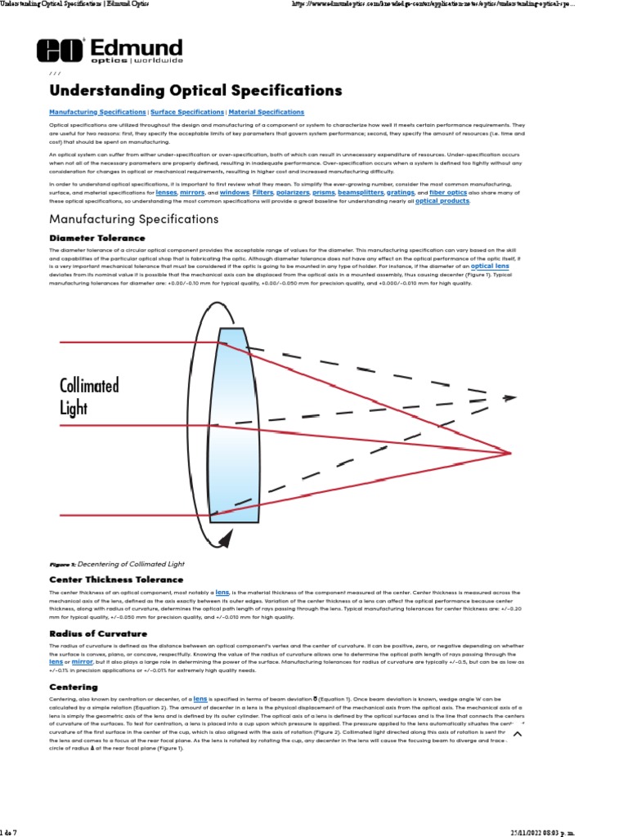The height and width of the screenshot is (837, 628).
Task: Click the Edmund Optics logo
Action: tap(110, 51)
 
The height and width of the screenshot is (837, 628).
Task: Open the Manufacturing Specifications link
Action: tap(97, 112)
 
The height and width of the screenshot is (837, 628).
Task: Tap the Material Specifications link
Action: tap(266, 112)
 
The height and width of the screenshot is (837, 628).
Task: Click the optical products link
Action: tap(442, 201)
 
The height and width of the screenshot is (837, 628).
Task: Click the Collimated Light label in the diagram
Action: tap(89, 396)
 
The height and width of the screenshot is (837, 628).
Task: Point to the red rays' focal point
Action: tap(511, 452)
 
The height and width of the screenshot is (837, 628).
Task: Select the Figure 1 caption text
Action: tap(117, 564)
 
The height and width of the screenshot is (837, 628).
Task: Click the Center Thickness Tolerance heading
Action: tap(115, 579)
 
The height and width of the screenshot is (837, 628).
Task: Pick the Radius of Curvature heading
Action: tap(98, 633)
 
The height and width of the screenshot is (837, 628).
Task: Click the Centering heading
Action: tap(74, 687)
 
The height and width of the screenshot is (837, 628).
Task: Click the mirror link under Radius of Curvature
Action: tap(83, 661)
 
